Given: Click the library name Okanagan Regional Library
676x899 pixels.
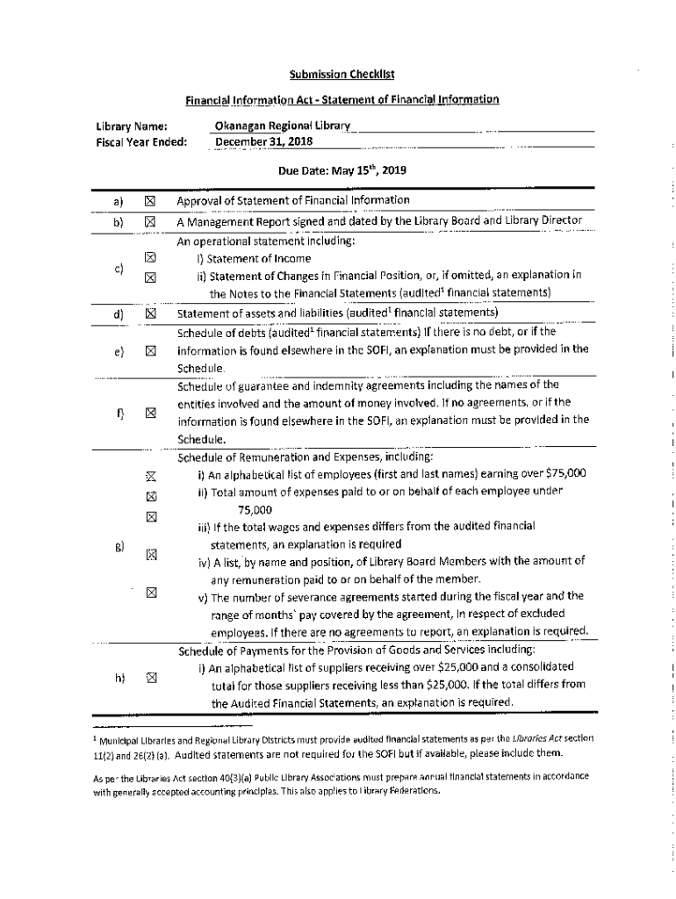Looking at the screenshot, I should click(282, 126).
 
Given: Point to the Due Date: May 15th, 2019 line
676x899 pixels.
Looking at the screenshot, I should click(338, 169).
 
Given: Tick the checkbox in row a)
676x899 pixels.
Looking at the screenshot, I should click(150, 201).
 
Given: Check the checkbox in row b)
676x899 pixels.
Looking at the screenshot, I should click(150, 221).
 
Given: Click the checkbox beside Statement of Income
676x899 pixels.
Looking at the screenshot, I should click(150, 258).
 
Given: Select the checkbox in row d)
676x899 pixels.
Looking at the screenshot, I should click(150, 313).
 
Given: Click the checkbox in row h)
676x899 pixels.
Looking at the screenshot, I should click(150, 677).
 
